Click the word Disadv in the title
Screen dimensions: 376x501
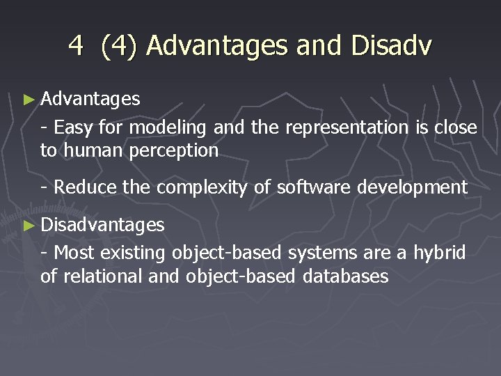(392, 46)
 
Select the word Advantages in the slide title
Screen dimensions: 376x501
(217, 46)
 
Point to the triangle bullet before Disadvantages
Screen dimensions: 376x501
(28, 225)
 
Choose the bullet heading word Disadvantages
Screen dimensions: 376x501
(102, 224)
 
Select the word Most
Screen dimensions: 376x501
(72, 251)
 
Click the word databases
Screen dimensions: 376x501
(345, 276)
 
